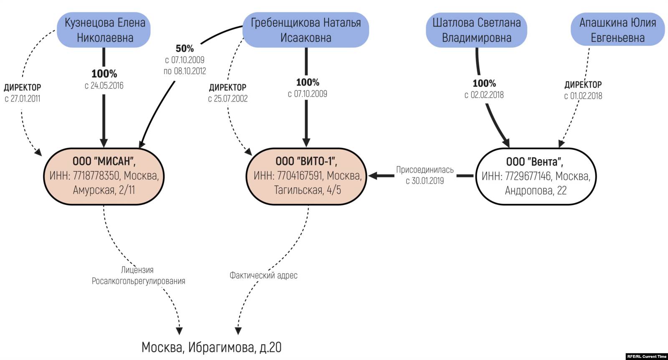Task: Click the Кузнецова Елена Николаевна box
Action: coord(105,30)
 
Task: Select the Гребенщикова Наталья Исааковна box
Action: coord(306,30)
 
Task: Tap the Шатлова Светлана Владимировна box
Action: coord(476,30)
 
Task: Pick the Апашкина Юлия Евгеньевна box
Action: coord(617,30)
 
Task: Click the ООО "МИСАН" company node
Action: coord(104,176)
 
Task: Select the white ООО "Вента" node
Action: coord(536,176)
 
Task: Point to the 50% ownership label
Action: coord(185,48)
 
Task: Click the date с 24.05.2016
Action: coord(104,86)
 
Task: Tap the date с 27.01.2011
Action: coord(23,99)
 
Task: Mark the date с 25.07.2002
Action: coord(228,99)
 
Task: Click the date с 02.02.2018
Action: coord(484,95)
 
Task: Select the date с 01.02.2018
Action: coord(583,96)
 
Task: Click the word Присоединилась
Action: coord(425,170)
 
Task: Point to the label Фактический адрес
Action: coord(263,275)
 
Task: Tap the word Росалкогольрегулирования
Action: coord(138,281)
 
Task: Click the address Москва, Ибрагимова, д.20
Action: coord(211,347)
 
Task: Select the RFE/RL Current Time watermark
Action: coord(646,356)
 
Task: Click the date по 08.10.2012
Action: coord(185,71)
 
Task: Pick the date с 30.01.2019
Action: coord(425,181)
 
